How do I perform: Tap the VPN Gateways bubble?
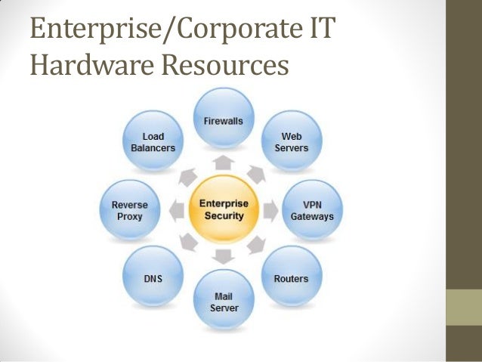pyautogui.click(x=311, y=209)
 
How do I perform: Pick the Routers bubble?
pyautogui.click(x=290, y=277)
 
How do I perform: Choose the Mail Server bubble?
pyautogui.click(x=224, y=300)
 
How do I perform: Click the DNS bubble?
pyautogui.click(x=153, y=277)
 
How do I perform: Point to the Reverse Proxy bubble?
pyautogui.click(x=129, y=209)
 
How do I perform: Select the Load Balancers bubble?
pyautogui.click(x=153, y=141)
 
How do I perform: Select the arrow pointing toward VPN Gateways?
pyautogui.click(x=270, y=209)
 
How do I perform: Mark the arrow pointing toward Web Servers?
pyautogui.click(x=258, y=176)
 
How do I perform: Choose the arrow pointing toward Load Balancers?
pyautogui.click(x=189, y=176)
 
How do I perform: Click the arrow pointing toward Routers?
pyautogui.click(x=258, y=243)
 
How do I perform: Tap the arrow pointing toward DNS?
pyautogui.click(x=189, y=243)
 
